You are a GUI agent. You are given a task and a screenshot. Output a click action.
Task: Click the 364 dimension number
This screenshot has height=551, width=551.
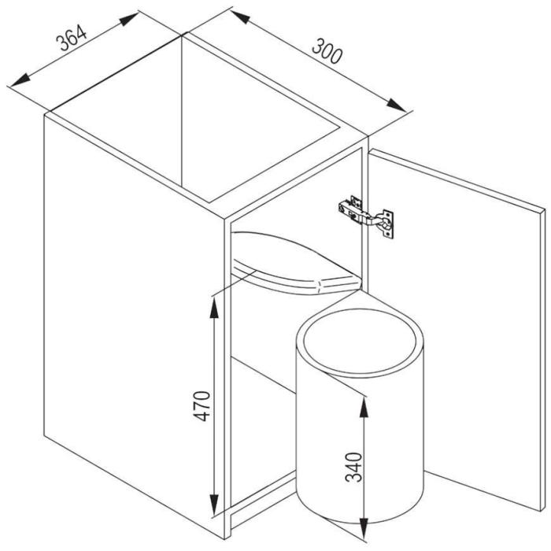pyautogui.click(x=71, y=38)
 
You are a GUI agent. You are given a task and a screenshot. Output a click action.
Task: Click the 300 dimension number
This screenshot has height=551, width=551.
pyautogui.click(x=327, y=51)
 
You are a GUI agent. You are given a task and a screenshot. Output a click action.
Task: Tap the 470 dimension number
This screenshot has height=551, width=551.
pyautogui.click(x=202, y=406)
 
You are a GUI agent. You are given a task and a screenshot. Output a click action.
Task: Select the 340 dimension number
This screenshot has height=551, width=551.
pyautogui.click(x=354, y=467)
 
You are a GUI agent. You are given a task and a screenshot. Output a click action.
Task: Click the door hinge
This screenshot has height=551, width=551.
pyautogui.click(x=366, y=216)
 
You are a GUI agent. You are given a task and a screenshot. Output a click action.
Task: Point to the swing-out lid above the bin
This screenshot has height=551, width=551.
pyautogui.click(x=296, y=263)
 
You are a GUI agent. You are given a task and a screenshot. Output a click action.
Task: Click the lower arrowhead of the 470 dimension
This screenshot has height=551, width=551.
pyautogui.click(x=214, y=504)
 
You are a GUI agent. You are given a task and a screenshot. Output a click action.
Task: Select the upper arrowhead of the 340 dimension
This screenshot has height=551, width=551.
pyautogui.click(x=364, y=408)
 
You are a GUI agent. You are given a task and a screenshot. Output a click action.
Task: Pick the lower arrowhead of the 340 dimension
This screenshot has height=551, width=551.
pyautogui.click(x=364, y=528)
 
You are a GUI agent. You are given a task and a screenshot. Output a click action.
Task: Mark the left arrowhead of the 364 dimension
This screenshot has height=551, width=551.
pyautogui.click(x=20, y=80)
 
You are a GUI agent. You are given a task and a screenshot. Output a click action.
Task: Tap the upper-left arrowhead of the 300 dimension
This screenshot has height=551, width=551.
pyautogui.click(x=240, y=17)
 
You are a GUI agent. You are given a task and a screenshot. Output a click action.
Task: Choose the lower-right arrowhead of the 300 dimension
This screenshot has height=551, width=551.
pyautogui.click(x=396, y=105)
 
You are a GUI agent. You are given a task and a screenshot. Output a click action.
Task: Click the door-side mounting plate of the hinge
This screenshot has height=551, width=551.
pyautogui.click(x=387, y=224)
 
